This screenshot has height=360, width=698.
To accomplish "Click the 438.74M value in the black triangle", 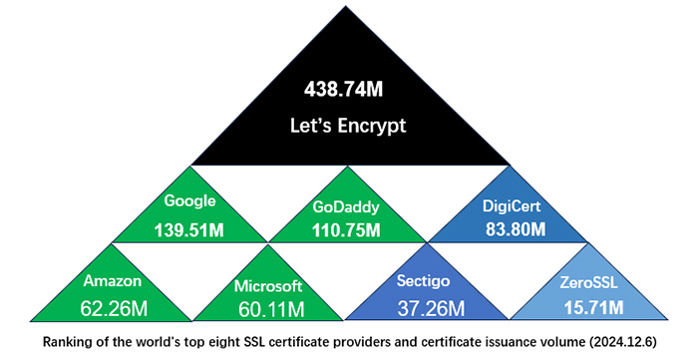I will click(344, 90).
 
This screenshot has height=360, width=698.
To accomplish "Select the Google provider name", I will click(189, 200).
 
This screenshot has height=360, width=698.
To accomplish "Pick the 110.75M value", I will click(344, 230).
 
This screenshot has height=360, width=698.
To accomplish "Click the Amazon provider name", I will click(113, 281).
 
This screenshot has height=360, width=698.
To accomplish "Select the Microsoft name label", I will click(267, 286).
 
